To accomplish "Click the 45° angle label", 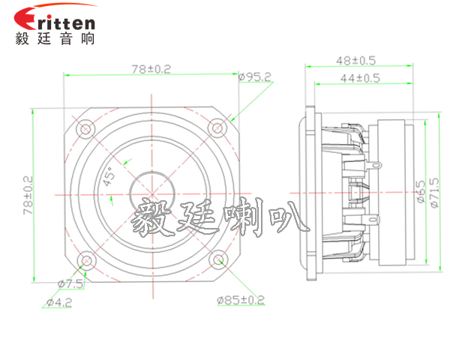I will [x=109, y=178].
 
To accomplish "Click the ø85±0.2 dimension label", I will [x=241, y=301].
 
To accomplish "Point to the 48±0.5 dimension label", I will [x=357, y=60].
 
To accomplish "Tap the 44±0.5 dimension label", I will [x=361, y=77].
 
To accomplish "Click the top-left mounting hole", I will [x=86, y=129].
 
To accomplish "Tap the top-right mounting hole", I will [x=217, y=128].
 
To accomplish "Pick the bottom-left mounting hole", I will [x=86, y=260].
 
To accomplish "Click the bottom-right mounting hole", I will [x=217, y=259].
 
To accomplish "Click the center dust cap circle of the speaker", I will [x=151, y=193].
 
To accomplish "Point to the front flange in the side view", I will [x=310, y=193].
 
